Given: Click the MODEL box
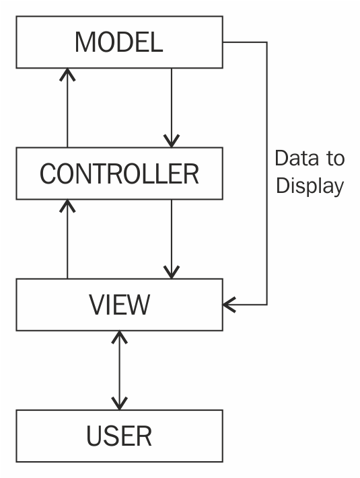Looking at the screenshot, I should tap(119, 42).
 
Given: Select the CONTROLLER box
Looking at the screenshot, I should tap(119, 173).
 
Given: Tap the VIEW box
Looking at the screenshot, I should tap(119, 305).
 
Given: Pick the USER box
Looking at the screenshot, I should tap(119, 436).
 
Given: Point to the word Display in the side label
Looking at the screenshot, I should tap(310, 186).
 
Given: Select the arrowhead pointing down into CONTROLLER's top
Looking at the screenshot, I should tap(171, 141).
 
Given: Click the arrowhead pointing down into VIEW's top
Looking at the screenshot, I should tap(171, 272).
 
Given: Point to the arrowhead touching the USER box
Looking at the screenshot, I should tap(119, 403).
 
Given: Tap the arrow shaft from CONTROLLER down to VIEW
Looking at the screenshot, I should tap(171, 235).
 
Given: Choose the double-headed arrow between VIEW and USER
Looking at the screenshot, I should tap(119, 370).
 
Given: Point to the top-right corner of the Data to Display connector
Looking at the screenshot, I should tap(267, 42).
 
